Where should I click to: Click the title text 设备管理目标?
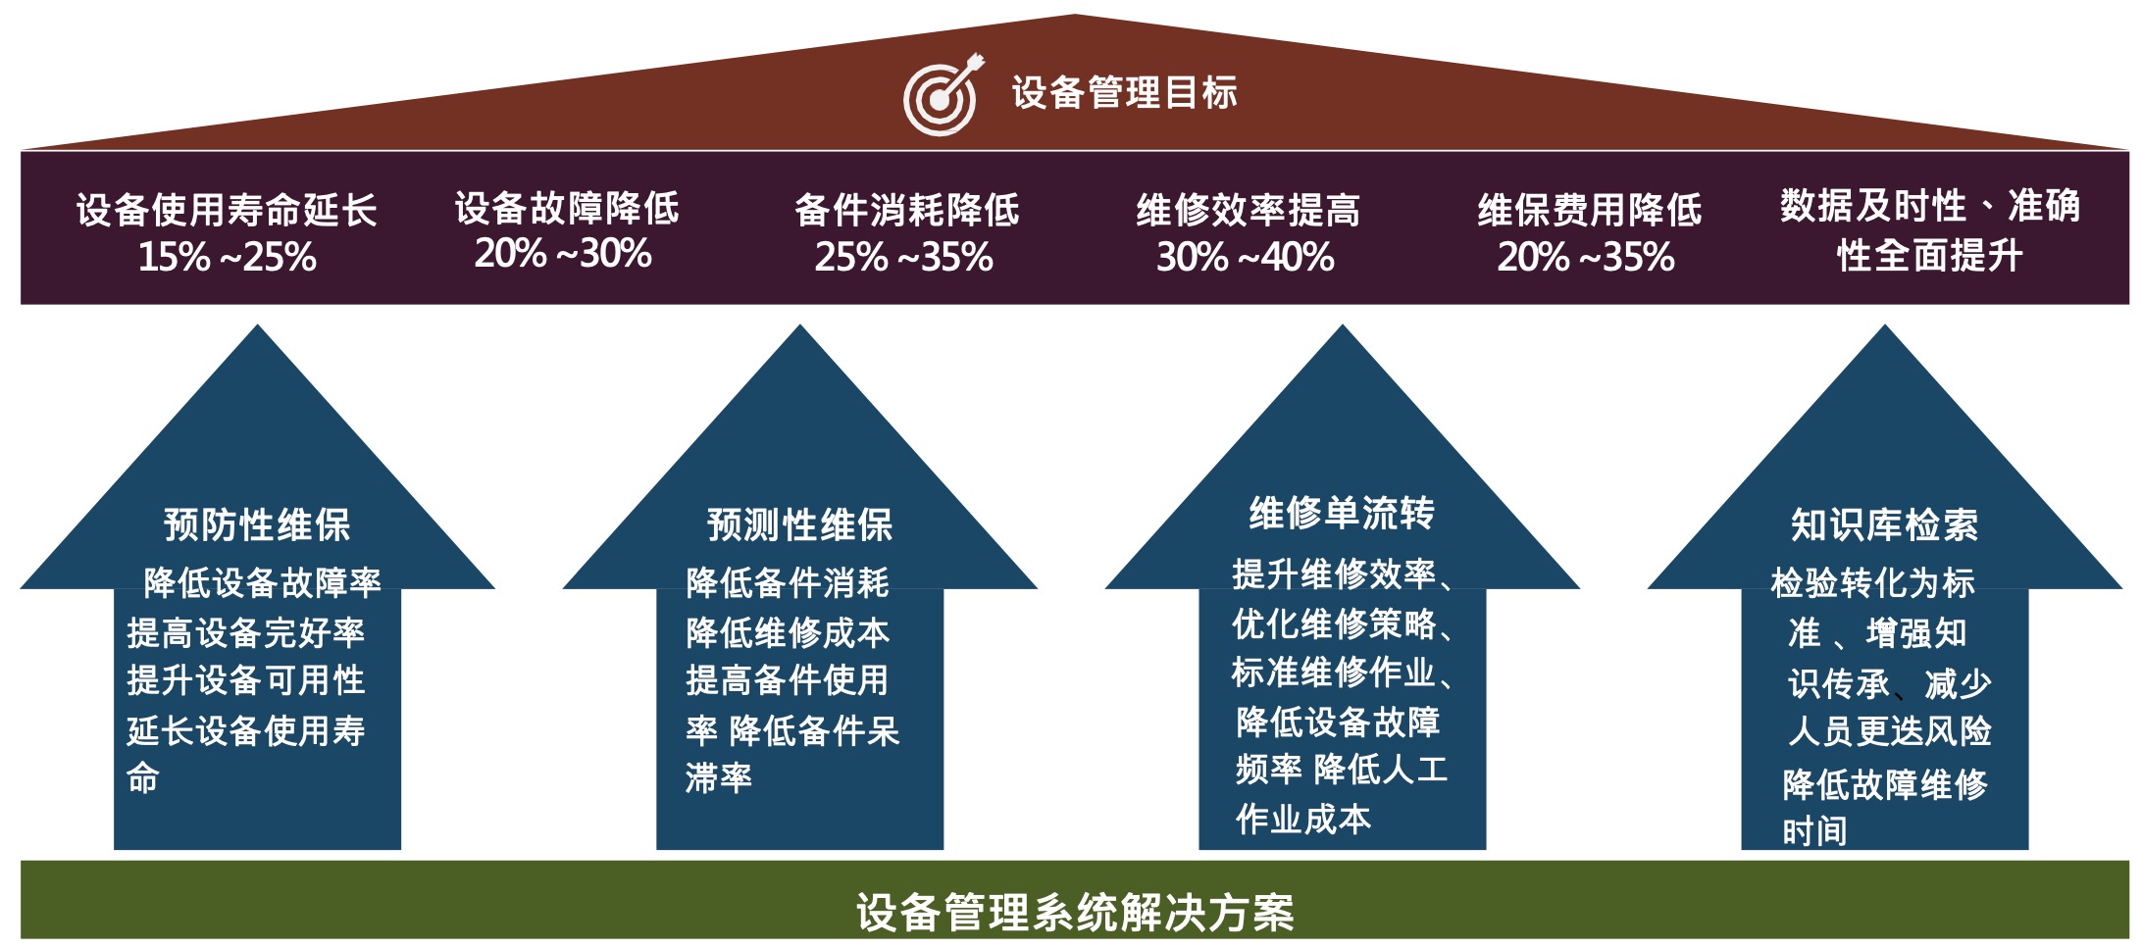1124,93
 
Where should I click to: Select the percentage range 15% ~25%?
228,257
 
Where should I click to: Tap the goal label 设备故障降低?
567,208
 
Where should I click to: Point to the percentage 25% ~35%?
904,257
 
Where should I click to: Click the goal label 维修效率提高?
1248,210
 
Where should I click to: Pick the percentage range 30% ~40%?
1246,257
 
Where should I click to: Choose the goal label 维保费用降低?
1590,210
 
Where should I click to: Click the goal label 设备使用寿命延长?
227,210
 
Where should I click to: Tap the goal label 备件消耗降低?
907,210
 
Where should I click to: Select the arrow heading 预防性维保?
257,524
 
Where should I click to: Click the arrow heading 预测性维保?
799,524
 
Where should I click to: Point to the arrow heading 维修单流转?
1342,513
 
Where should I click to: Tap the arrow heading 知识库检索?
1884,524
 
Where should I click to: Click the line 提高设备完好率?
245,632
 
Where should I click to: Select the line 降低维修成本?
788,632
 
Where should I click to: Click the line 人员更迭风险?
1890,730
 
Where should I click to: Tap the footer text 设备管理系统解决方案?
1075,912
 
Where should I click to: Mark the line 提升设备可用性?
245,680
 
